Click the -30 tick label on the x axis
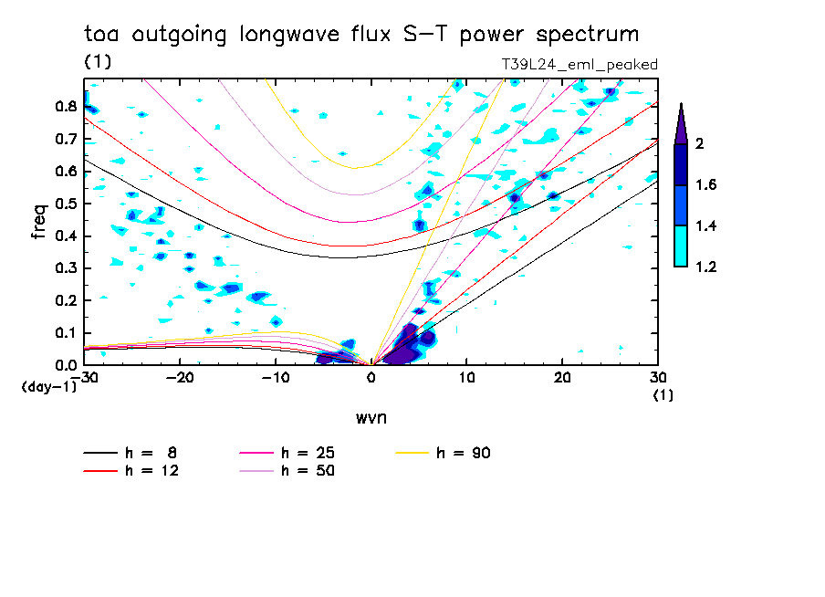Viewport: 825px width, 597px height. pyautogui.click(x=87, y=376)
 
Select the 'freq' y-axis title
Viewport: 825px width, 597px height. pyautogui.click(x=37, y=223)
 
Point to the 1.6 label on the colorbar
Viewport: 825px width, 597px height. pyautogui.click(x=706, y=184)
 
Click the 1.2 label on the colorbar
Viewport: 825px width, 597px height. pyautogui.click(x=706, y=267)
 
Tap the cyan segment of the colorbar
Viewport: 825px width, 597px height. pyautogui.click(x=681, y=246)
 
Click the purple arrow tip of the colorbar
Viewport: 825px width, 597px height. pyautogui.click(x=681, y=124)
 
